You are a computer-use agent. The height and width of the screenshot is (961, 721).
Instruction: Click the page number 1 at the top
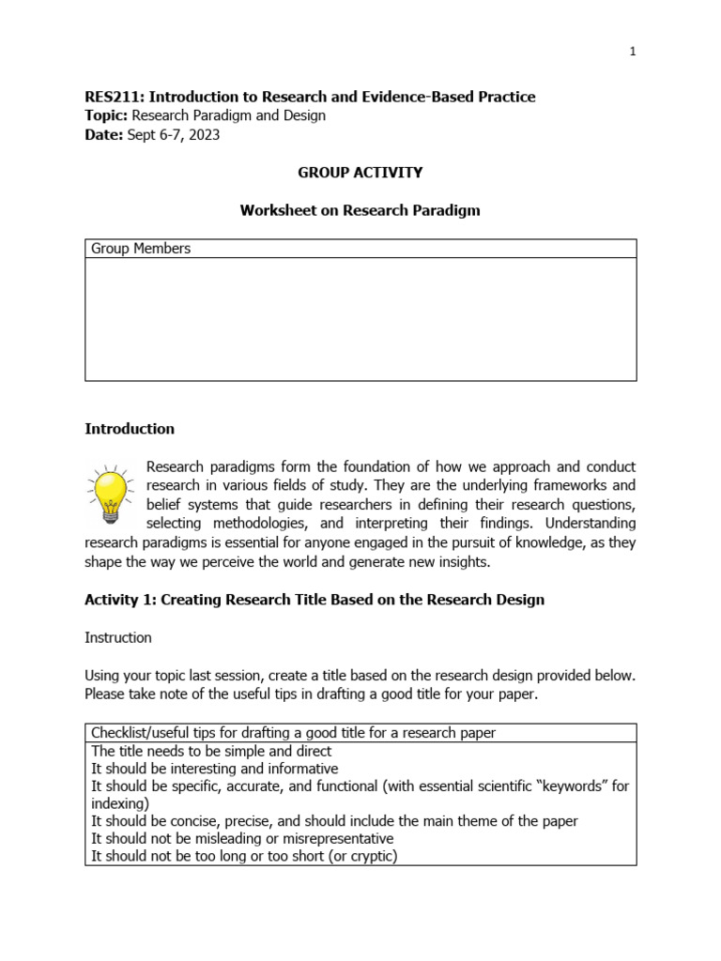click(633, 52)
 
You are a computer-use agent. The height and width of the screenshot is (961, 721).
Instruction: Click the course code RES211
click(113, 97)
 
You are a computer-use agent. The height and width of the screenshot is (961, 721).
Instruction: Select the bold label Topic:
click(106, 115)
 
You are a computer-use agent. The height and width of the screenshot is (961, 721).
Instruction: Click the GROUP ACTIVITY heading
click(360, 173)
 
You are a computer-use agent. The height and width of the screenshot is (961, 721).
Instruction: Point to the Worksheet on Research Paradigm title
click(360, 210)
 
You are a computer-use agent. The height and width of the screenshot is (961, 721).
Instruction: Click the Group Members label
click(141, 249)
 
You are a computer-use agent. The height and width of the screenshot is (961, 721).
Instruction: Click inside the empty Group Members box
click(360, 319)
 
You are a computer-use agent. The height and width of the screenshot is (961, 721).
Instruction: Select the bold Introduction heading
click(130, 429)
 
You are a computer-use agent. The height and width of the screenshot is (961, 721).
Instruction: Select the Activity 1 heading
click(314, 600)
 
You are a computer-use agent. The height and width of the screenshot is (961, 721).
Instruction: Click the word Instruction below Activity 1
click(118, 638)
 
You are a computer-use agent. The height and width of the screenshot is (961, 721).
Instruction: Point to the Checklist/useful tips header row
click(293, 733)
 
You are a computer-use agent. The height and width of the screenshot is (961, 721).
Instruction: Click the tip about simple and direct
click(211, 752)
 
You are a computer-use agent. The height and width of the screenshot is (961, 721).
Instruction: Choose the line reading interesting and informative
click(214, 769)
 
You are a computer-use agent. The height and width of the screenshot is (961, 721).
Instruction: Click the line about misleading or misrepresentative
click(242, 838)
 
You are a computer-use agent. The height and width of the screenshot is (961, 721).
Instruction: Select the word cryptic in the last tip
click(369, 856)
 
